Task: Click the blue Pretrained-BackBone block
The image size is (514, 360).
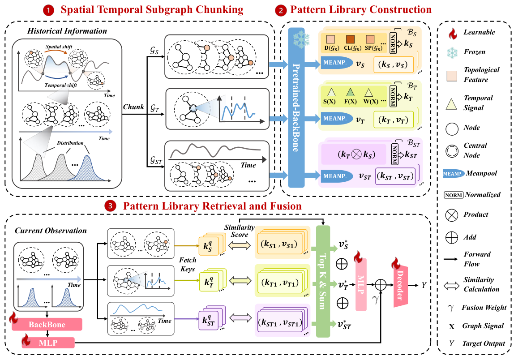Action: (296, 107)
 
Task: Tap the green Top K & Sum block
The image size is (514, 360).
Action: (322, 281)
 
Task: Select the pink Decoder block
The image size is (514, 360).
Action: (400, 285)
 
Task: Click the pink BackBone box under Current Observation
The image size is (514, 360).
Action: (47, 324)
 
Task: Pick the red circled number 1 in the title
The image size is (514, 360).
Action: (48, 10)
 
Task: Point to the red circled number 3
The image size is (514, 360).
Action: (110, 206)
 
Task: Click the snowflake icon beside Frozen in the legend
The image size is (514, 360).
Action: (452, 52)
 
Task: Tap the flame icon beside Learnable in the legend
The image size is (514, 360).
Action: (452, 33)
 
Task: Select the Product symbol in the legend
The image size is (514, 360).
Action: (452, 215)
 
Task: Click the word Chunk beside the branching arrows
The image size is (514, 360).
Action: (133, 107)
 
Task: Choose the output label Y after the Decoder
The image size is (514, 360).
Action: (424, 285)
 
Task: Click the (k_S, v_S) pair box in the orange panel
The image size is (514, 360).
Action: (394, 64)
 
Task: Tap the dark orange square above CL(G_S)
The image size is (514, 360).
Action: (351, 39)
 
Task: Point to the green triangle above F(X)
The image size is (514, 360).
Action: (351, 92)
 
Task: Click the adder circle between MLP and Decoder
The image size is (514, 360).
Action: (381, 285)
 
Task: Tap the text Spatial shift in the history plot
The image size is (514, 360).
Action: (59, 47)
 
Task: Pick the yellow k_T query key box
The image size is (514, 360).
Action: (209, 282)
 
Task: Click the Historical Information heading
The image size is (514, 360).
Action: (67, 31)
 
